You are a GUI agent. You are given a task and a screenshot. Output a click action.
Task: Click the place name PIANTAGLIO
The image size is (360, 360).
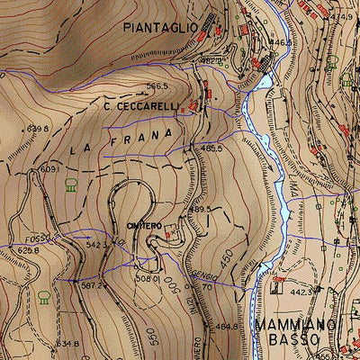pos(160,28)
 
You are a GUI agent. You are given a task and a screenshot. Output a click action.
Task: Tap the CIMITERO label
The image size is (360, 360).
pos(144,225)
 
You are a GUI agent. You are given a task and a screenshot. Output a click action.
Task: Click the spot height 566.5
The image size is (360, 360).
pos(157,86)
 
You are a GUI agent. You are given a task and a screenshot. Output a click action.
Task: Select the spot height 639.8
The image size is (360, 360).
pos(37,129)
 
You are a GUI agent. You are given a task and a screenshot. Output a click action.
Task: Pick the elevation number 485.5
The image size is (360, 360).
pos(211,148)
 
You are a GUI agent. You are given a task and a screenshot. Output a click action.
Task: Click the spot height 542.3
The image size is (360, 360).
pos(96,244)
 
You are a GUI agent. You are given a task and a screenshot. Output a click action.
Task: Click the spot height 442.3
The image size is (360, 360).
pos(301,292)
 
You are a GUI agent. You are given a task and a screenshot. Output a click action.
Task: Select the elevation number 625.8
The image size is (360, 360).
pos(28,251)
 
